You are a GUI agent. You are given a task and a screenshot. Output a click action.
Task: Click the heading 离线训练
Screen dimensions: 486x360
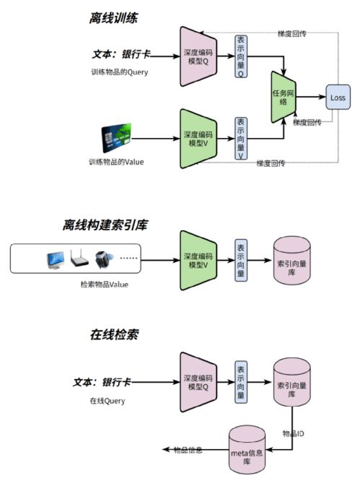(x=115, y=17)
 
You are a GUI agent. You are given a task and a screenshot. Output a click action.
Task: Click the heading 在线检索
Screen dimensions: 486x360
(x=114, y=336)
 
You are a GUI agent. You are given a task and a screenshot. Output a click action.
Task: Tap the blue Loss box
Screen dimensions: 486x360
(x=337, y=97)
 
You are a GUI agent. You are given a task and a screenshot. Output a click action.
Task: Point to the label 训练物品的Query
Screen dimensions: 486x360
(x=119, y=73)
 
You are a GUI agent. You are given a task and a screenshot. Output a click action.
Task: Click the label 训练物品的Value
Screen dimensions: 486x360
(x=116, y=162)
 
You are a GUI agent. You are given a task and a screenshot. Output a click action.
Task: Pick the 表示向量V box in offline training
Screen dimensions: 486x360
(x=241, y=138)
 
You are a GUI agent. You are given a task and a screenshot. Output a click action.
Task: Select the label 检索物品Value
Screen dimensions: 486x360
(x=104, y=285)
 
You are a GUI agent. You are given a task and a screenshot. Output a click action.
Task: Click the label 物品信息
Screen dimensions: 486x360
(x=188, y=450)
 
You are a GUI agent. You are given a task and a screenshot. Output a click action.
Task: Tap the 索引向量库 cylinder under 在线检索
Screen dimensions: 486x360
(x=291, y=383)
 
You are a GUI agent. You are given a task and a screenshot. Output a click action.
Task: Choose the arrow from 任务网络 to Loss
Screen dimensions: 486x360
(x=312, y=97)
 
